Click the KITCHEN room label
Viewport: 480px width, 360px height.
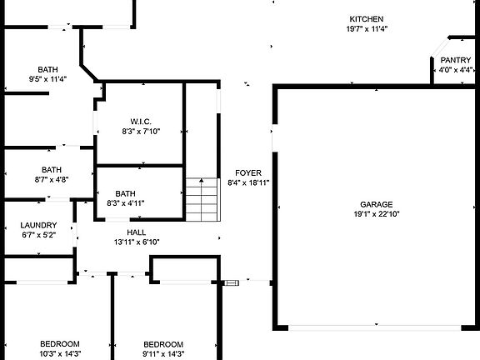pyautogui.click(x=367, y=19)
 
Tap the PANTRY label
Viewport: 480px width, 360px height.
pyautogui.click(x=456, y=60)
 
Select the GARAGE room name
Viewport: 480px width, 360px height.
pyautogui.click(x=376, y=204)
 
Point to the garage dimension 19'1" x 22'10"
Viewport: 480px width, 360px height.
pyautogui.click(x=377, y=214)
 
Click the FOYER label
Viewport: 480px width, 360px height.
pyautogui.click(x=248, y=173)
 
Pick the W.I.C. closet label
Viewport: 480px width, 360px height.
pyautogui.click(x=141, y=122)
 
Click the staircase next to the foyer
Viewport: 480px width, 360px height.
pyautogui.click(x=202, y=199)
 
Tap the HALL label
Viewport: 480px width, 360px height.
pyautogui.click(x=136, y=232)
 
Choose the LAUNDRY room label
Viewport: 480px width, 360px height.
pyautogui.click(x=38, y=225)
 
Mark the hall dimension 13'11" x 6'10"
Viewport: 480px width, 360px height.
pyautogui.click(x=137, y=242)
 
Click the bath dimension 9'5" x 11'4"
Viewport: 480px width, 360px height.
pyautogui.click(x=47, y=79)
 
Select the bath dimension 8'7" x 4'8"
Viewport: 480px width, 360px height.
pyautogui.click(x=52, y=179)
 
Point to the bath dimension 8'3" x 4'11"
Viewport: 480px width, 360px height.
pyautogui.click(x=126, y=203)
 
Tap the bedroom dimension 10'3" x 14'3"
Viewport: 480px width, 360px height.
pyautogui.click(x=60, y=354)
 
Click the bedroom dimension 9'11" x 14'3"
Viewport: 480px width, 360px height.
pyautogui.click(x=163, y=354)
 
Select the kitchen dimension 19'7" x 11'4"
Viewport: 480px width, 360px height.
pyautogui.click(x=367, y=29)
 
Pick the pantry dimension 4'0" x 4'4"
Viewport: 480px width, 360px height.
pyautogui.click(x=456, y=70)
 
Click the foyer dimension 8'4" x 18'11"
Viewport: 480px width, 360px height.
pyautogui.click(x=248, y=182)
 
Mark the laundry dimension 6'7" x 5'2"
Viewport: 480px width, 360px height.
pyautogui.click(x=38, y=235)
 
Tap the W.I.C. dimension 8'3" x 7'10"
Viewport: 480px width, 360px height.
pyautogui.click(x=141, y=132)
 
